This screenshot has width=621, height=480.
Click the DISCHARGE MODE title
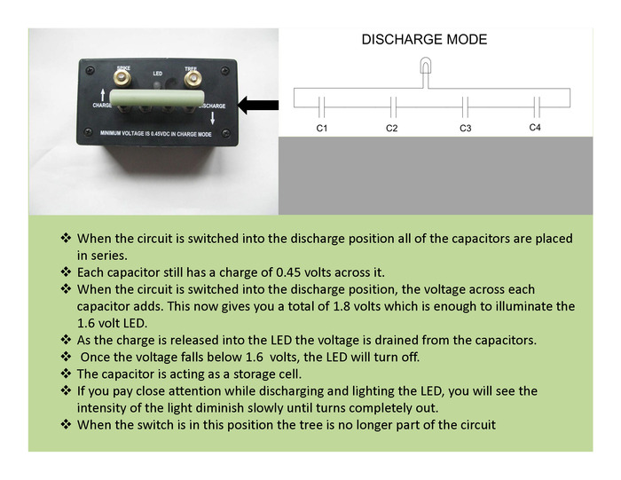point(424,40)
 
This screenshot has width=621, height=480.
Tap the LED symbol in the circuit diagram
point(426,68)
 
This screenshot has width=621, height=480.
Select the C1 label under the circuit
point(322,130)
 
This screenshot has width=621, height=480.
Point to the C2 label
point(391,130)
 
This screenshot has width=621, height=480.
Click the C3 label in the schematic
point(465,130)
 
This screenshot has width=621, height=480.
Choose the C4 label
point(535,129)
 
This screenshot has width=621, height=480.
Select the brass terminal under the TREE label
point(191,82)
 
